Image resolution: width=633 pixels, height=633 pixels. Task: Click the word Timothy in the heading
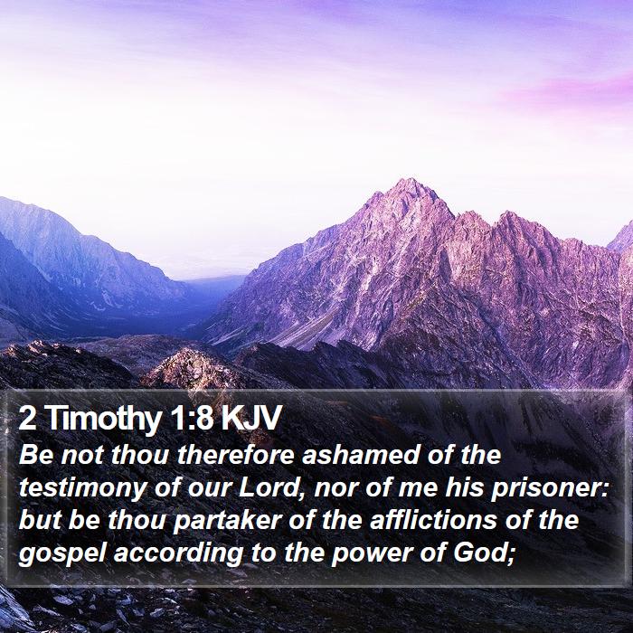105,420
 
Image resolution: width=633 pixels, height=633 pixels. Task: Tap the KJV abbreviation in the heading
250,418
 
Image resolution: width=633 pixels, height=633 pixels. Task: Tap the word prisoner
550,489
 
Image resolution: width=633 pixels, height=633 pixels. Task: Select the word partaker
227,522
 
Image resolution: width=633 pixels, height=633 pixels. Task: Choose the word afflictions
433,520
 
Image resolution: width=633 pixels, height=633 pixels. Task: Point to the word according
178,554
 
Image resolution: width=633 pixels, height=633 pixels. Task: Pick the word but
40,520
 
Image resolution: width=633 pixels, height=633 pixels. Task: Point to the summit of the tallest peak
411,179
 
